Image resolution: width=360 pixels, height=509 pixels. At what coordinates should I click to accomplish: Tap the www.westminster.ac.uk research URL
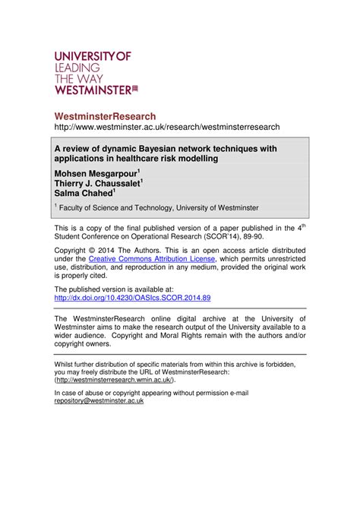coord(166,127)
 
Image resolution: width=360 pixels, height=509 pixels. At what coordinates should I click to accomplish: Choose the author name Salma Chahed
coord(92,194)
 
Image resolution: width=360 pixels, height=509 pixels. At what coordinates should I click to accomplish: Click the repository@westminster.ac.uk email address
coord(99,400)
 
